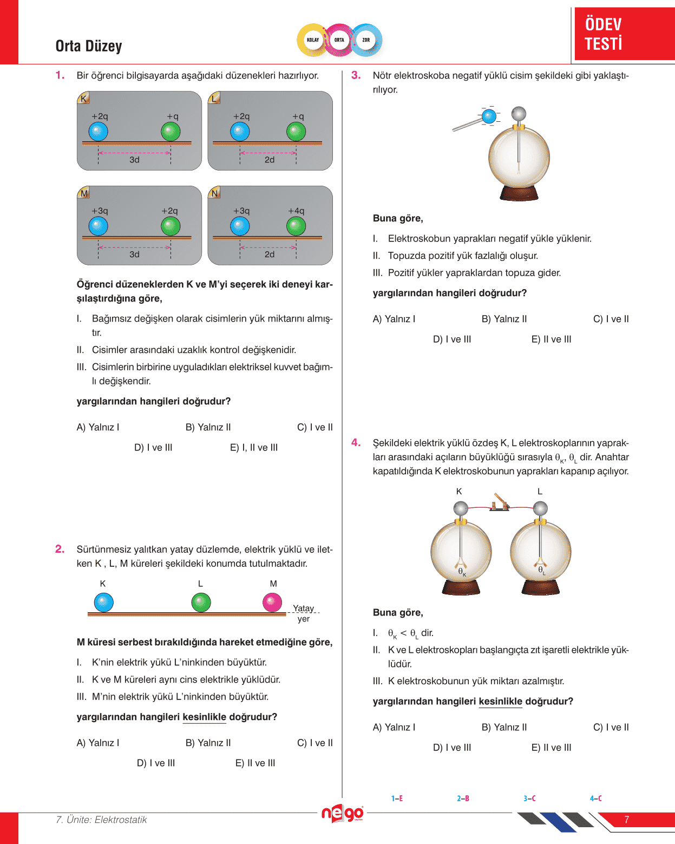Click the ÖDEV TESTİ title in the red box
point(604,34)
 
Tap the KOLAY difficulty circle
point(313,40)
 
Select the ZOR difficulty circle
point(366,40)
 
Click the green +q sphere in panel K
point(171,132)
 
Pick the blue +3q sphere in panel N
point(240,226)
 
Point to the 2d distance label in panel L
point(270,160)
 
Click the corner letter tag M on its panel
point(84,193)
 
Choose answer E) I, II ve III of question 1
point(254,448)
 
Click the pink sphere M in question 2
point(272,603)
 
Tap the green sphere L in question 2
point(201,603)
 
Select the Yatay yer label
point(304,613)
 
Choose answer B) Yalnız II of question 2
point(208,743)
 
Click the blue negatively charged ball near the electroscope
point(489,116)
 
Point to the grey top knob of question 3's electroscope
point(519,114)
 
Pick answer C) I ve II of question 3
point(611,319)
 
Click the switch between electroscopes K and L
point(500,503)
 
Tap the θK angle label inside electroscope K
point(462,572)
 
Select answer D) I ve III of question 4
point(452,748)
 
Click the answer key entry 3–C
point(529,799)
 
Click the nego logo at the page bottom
point(342,814)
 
